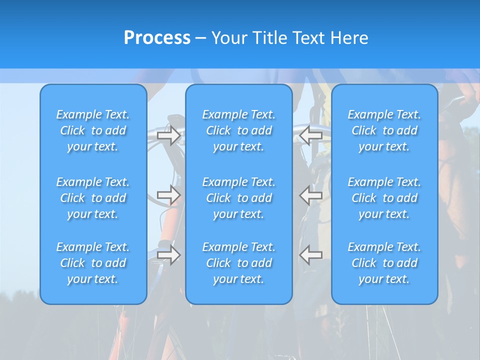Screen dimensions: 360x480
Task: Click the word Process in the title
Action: (x=157, y=38)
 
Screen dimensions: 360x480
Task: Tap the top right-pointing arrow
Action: (x=168, y=135)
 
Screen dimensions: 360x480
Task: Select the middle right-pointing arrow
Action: (x=168, y=195)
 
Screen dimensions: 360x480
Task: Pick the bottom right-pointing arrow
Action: (x=168, y=254)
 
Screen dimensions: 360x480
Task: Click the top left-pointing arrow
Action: (x=311, y=135)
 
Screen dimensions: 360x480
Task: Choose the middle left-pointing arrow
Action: (x=311, y=195)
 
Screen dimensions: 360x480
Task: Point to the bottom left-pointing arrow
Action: (x=311, y=254)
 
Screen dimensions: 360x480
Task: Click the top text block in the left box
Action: (x=93, y=130)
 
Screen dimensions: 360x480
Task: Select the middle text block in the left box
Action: (x=93, y=198)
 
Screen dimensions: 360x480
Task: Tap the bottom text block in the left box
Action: (x=93, y=263)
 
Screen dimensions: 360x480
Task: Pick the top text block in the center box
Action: (x=239, y=130)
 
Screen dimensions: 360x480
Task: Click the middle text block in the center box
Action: (x=239, y=198)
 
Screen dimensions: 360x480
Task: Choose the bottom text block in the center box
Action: (x=239, y=263)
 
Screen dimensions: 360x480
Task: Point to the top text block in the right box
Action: (x=384, y=130)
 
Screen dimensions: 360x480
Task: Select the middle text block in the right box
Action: (x=384, y=198)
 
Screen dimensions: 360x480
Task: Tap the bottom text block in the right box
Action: (x=384, y=263)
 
